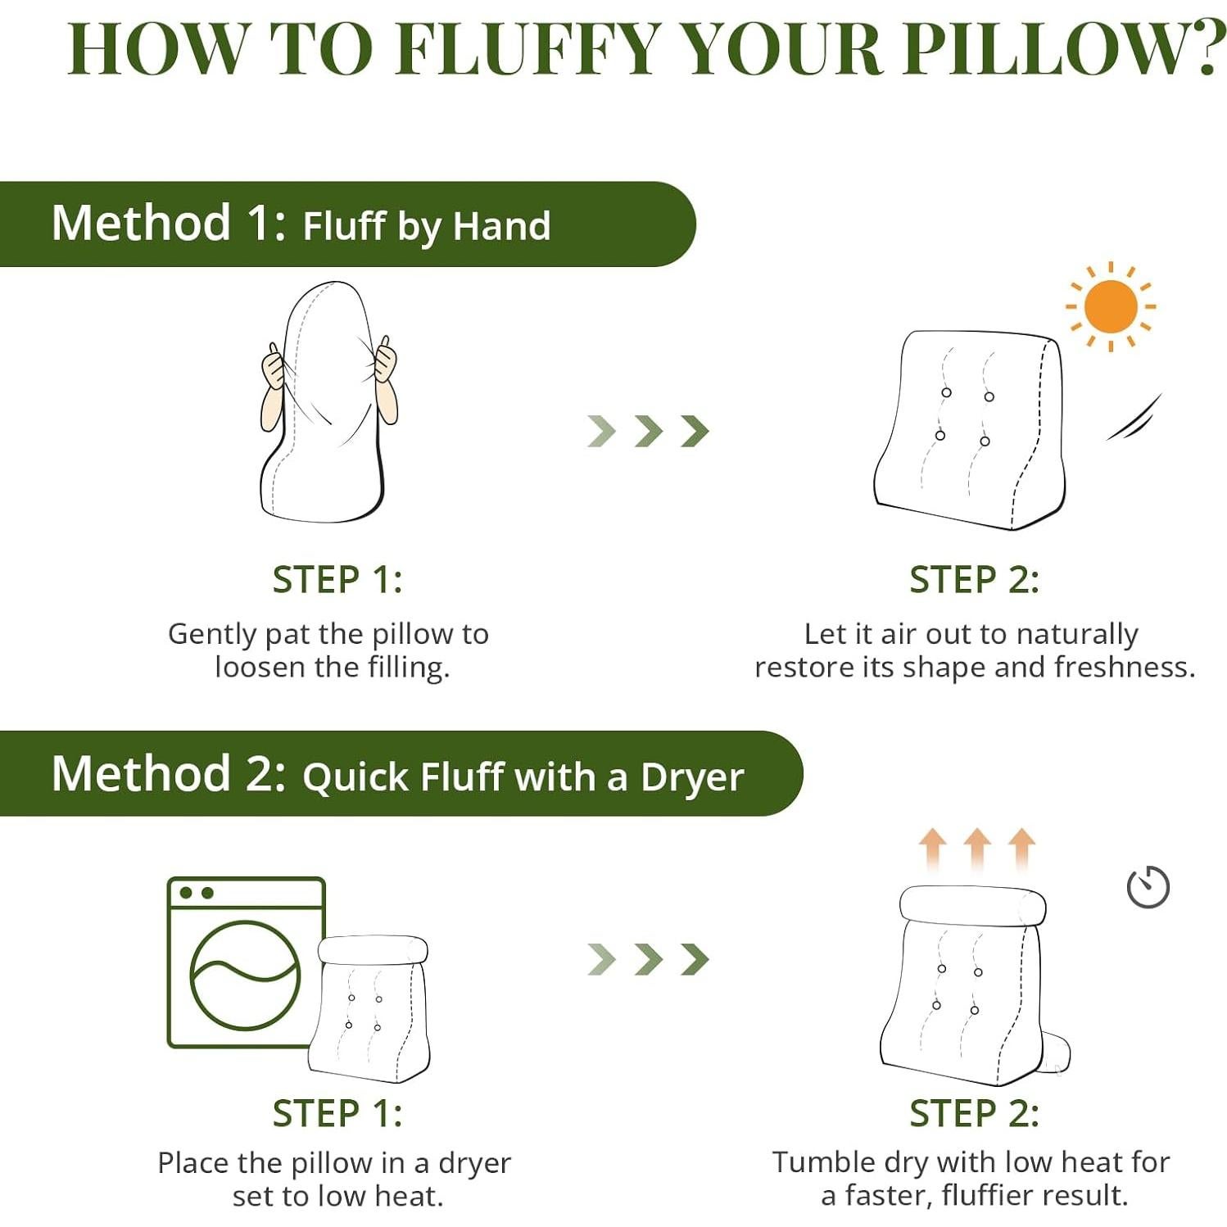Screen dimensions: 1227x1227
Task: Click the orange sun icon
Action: (x=1110, y=306)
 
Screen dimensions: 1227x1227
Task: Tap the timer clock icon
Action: (x=1148, y=886)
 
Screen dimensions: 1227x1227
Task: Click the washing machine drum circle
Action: (x=245, y=975)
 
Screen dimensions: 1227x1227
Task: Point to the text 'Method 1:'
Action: (x=169, y=223)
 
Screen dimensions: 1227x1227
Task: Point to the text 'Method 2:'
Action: (x=169, y=774)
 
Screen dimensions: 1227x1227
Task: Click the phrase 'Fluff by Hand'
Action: (x=427, y=226)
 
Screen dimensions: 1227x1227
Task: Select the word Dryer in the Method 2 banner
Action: (x=692, y=777)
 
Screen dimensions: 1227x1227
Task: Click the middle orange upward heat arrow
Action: (x=976, y=848)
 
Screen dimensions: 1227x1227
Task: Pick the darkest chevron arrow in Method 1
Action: (x=695, y=431)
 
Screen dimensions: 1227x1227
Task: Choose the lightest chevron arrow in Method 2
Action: (x=601, y=959)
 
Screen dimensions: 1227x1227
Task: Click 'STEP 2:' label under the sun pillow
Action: (x=974, y=580)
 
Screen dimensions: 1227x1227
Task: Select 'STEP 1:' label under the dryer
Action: (x=337, y=1114)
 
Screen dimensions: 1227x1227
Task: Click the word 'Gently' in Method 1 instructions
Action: (x=212, y=635)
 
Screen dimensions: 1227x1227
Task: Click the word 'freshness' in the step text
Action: (x=1121, y=668)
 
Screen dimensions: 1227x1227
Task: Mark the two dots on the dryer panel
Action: (x=197, y=893)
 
